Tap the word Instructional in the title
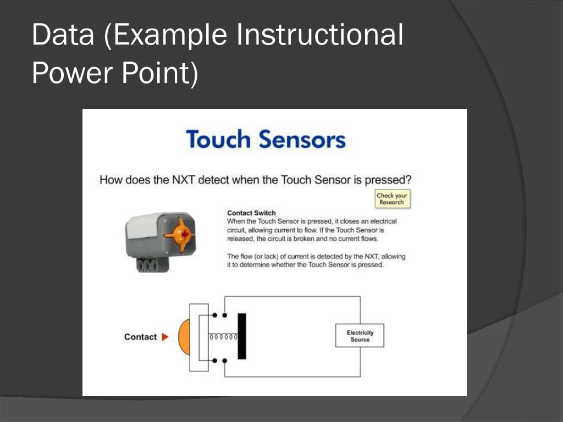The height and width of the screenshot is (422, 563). click(319, 35)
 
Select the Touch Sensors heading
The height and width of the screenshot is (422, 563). click(266, 140)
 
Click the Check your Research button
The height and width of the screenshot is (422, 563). click(391, 199)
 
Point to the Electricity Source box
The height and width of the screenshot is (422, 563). click(360, 336)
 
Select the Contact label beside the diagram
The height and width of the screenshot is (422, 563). click(140, 337)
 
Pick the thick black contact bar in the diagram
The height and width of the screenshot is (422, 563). click(241, 336)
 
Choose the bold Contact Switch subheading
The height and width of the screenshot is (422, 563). click(251, 213)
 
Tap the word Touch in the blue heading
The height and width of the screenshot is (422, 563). click(218, 140)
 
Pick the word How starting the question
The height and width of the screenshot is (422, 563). click(110, 180)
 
